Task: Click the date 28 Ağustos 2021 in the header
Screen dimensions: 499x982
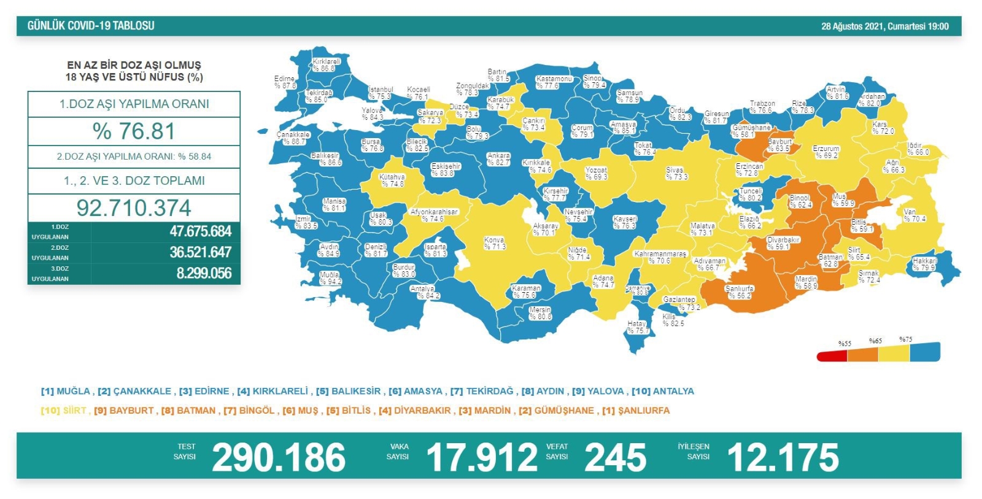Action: (851, 26)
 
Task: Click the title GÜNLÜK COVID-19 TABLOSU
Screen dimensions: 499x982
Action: (91, 26)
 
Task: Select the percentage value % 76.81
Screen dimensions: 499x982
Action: (134, 131)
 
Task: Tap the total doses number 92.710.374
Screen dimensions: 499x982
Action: (134, 208)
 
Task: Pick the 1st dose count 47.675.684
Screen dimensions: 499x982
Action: (200, 231)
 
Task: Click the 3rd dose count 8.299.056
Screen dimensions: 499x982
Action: (204, 273)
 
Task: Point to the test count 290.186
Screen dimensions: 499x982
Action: (279, 458)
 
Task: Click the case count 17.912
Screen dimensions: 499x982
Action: (482, 458)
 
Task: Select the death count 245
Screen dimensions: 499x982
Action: (615, 458)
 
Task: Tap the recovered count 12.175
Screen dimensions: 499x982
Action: (783, 458)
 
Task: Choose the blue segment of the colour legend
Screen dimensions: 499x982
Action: (925, 352)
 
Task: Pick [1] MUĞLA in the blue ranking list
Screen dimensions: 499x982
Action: (66, 391)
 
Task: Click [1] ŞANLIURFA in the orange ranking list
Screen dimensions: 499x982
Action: (636, 410)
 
